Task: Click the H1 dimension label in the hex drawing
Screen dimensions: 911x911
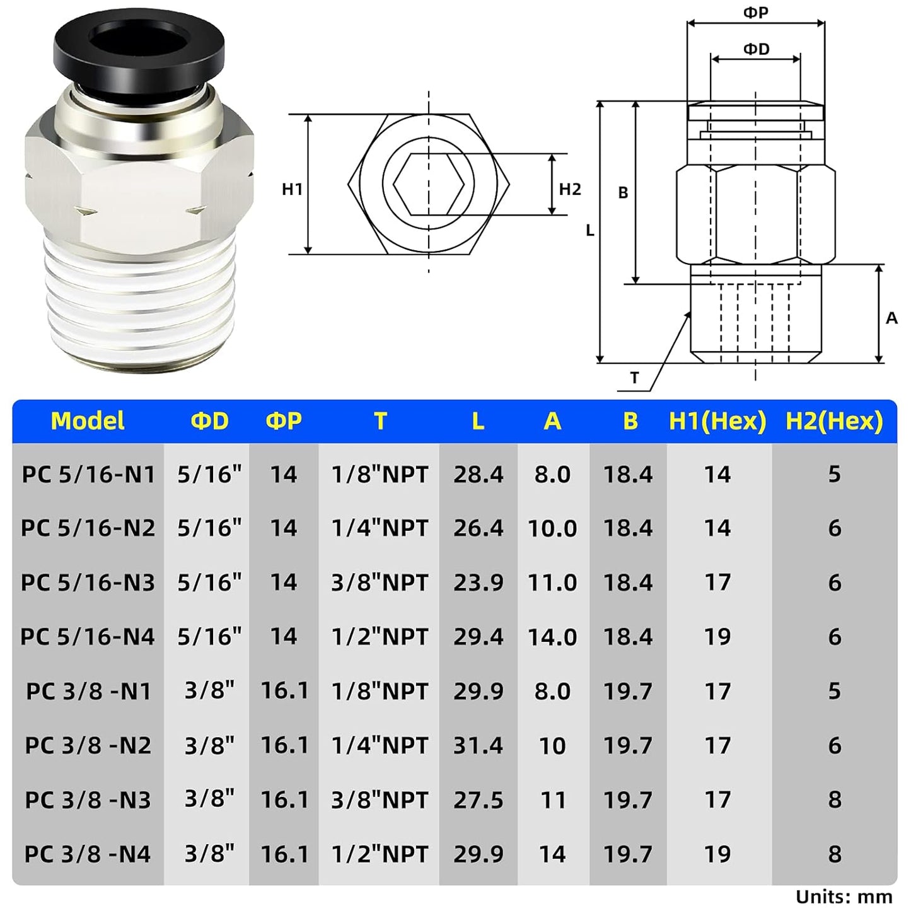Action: [293, 189]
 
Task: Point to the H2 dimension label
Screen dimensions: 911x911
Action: [570, 189]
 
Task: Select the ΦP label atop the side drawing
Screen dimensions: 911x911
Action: [755, 13]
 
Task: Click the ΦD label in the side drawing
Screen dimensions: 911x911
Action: [756, 49]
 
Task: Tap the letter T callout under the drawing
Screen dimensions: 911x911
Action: [634, 378]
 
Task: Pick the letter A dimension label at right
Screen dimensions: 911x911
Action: [891, 318]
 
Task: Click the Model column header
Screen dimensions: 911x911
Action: [88, 421]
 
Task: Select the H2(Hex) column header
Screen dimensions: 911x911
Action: [833, 421]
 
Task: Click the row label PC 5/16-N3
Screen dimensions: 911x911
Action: [88, 583]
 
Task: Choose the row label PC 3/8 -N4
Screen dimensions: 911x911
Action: [88, 854]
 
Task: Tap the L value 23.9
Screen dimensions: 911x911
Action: [478, 583]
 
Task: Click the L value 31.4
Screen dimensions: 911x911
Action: [478, 746]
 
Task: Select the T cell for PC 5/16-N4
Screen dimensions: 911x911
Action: [380, 637]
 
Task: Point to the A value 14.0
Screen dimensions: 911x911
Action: [552, 637]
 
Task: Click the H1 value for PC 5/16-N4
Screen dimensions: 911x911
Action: [717, 637]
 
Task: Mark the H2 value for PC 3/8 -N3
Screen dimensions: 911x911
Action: [834, 800]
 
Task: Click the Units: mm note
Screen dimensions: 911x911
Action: [844, 896]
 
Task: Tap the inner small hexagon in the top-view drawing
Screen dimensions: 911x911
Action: [429, 184]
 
